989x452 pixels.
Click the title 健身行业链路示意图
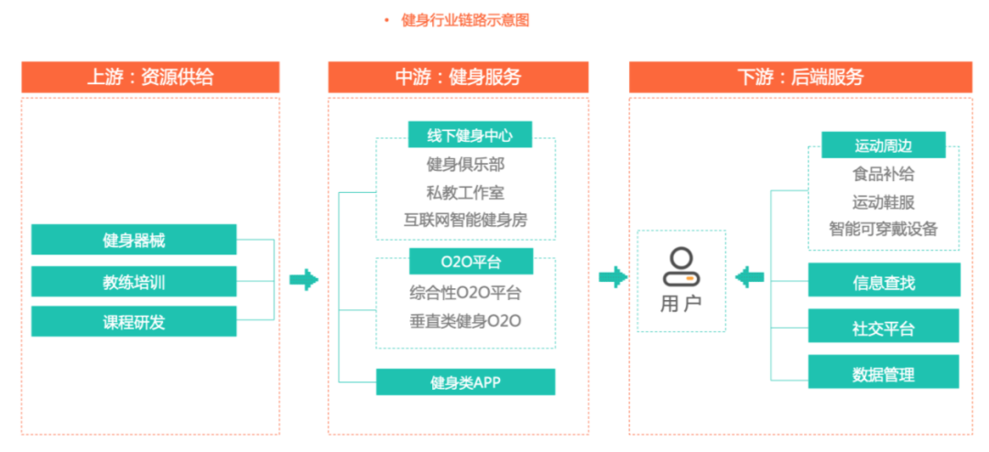click(x=465, y=20)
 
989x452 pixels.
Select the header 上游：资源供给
click(x=150, y=77)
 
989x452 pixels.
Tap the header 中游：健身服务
click(x=458, y=77)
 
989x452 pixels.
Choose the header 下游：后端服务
click(x=800, y=77)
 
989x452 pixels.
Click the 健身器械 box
click(x=134, y=240)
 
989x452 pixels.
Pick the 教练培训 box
click(x=134, y=281)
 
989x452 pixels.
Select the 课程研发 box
click(x=134, y=321)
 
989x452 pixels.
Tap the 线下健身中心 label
click(x=470, y=135)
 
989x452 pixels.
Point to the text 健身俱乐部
click(x=465, y=165)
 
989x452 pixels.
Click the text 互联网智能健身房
click(x=465, y=220)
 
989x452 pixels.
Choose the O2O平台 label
click(x=470, y=262)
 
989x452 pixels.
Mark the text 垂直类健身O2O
click(x=465, y=320)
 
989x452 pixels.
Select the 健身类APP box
click(x=465, y=382)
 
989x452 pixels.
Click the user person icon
click(x=681, y=266)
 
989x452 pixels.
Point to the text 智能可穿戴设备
click(x=883, y=229)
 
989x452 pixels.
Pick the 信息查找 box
click(x=883, y=281)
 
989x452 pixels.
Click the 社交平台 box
click(x=883, y=327)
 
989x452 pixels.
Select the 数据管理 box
click(x=883, y=372)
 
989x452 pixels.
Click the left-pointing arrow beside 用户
click(x=750, y=277)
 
